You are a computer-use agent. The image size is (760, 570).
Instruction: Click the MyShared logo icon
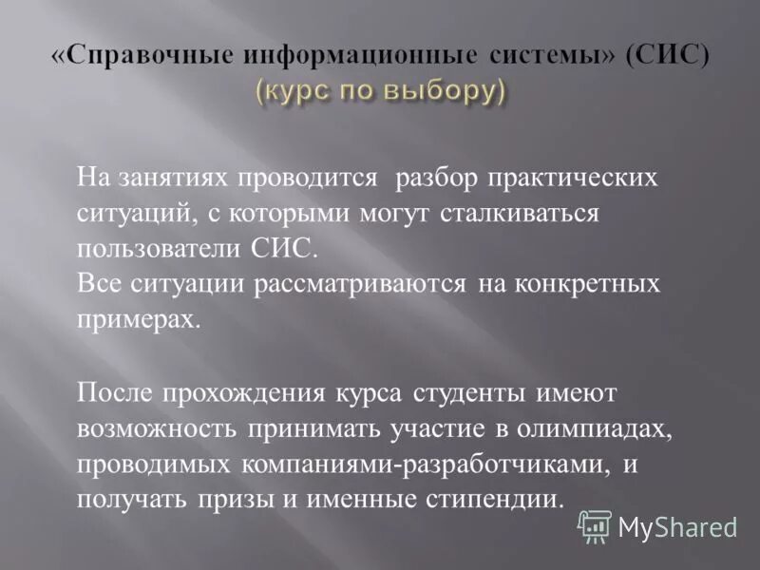point(595,524)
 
